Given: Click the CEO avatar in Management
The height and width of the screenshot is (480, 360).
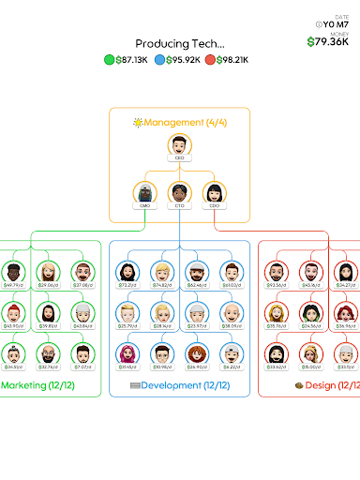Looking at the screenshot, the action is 180,144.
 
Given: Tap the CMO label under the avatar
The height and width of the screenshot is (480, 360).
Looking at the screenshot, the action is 144,205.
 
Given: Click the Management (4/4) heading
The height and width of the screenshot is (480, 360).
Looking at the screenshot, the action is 180,122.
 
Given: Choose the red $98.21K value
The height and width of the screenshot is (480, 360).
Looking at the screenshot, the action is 228,60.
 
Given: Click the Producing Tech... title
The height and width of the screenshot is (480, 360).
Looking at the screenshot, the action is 180,43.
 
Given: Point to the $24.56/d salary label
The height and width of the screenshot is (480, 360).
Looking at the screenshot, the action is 311,326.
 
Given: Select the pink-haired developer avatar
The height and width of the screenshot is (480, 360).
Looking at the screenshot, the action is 127,353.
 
